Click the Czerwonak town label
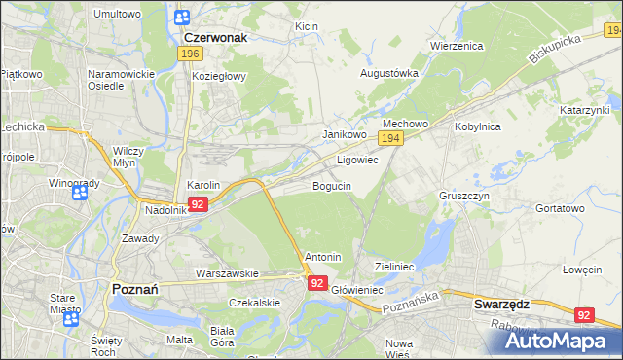[215, 37]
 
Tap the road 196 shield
[190, 55]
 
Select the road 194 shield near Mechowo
[390, 140]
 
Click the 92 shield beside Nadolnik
[198, 204]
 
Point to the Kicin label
[306, 25]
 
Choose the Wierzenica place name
[457, 46]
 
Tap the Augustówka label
[389, 73]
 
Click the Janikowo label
[344, 135]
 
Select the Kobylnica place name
[476, 126]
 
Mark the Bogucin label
[332, 185]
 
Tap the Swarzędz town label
[501, 304]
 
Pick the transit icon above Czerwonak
[182, 17]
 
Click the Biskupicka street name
[556, 50]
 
